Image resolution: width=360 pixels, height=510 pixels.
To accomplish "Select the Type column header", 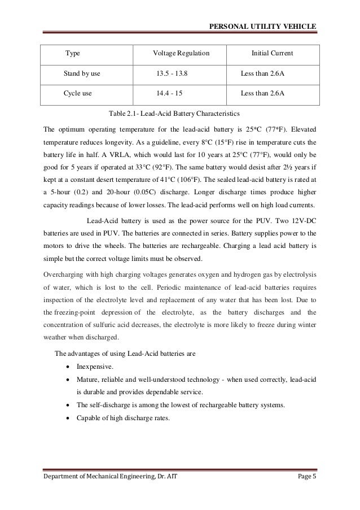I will point(73,54).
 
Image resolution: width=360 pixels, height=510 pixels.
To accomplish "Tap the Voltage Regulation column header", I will point(181,54).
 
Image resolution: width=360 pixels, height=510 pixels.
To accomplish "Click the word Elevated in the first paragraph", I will point(306,128).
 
